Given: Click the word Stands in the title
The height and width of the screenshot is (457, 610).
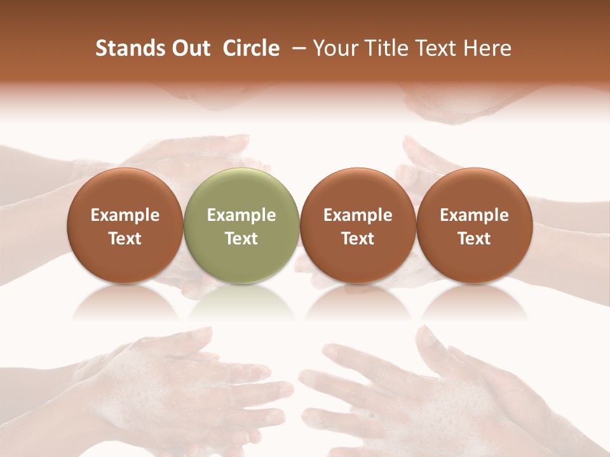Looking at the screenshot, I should tap(130, 48).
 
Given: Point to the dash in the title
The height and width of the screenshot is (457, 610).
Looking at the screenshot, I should tap(296, 48).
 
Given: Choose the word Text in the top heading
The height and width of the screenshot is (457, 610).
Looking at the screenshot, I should tap(433, 48).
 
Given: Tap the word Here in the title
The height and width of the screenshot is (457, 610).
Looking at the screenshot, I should tap(487, 48).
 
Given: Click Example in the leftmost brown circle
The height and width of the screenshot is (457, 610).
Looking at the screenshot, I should tap(125, 215).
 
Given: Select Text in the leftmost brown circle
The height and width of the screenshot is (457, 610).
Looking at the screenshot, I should tap(125, 239).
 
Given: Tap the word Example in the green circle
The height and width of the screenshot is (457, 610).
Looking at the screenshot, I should tap(241, 215).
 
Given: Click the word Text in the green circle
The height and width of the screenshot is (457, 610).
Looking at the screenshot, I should tap(241, 239).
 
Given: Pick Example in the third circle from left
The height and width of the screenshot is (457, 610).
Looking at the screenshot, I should tap(358, 215).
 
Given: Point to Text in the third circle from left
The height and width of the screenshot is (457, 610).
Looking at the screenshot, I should tap(358, 239).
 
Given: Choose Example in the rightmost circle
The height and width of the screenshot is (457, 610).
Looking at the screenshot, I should tap(474, 215).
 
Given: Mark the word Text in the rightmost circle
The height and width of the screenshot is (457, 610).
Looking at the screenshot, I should tap(474, 239).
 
